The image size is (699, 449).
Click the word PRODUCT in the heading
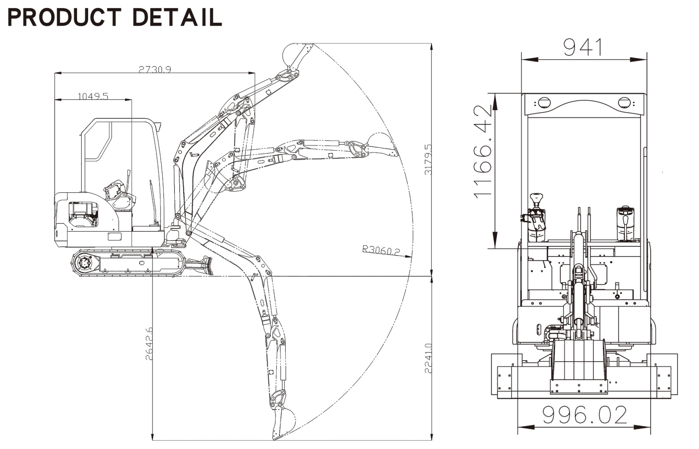click(x=64, y=18)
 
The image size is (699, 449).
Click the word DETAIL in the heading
click(x=177, y=18)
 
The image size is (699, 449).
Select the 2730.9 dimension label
click(x=155, y=69)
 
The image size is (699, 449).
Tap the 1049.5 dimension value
click(x=93, y=96)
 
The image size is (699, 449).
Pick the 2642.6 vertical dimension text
click(x=149, y=343)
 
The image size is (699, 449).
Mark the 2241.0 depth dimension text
click(x=428, y=358)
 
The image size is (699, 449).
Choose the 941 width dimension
click(x=583, y=47)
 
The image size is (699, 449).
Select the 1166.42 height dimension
click(x=483, y=152)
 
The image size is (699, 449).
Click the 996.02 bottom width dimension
click(x=585, y=415)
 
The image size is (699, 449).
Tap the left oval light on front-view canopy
click(x=544, y=102)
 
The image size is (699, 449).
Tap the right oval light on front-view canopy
click(x=625, y=102)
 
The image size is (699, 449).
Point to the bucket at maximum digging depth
click(x=282, y=423)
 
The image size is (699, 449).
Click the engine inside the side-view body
click(x=83, y=215)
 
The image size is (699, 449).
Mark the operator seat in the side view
click(x=119, y=196)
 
